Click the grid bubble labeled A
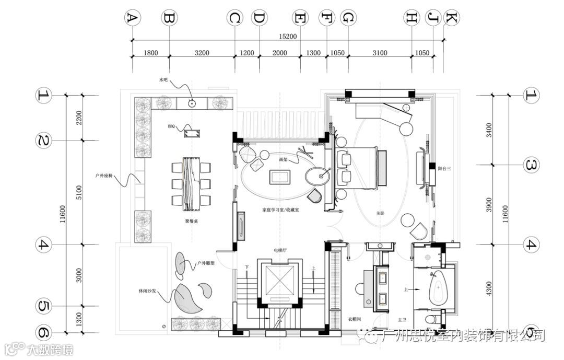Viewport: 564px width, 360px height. coord(132,18)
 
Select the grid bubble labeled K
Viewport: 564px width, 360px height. coord(451,18)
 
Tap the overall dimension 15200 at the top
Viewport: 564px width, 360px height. coord(288,36)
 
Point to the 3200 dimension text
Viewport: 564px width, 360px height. coord(202,53)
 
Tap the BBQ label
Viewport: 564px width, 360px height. coord(172,126)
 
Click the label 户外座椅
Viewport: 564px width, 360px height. coord(103,176)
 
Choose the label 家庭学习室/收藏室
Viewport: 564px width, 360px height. coord(280,210)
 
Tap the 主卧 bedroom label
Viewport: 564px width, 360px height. coord(380,213)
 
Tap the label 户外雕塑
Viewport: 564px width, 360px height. coord(205,264)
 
